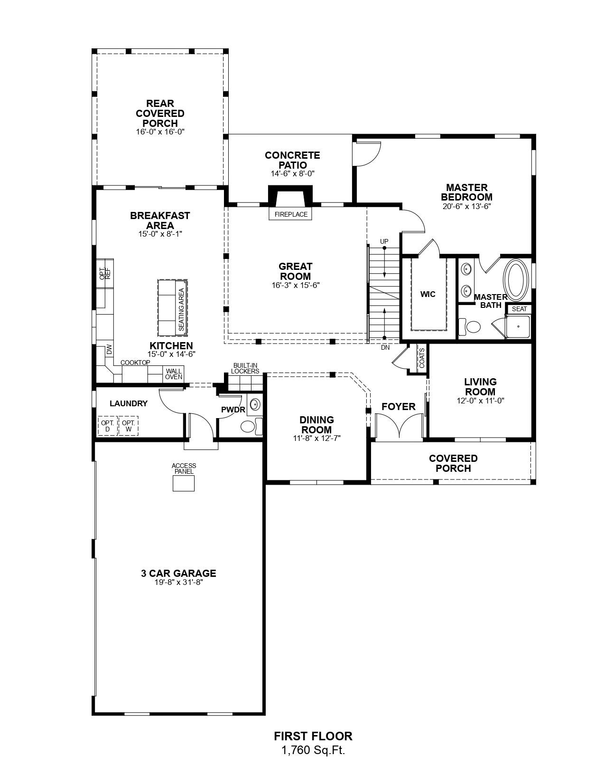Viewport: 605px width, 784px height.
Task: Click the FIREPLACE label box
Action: [290, 214]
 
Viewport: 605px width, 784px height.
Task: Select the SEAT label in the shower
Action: [519, 309]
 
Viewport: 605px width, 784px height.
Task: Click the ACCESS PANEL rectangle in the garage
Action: [184, 483]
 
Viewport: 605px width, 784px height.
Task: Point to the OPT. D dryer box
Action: [107, 426]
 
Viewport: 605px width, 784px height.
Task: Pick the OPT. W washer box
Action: [128, 426]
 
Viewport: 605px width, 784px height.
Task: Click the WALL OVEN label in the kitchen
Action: [174, 374]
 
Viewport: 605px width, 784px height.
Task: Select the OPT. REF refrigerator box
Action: [105, 273]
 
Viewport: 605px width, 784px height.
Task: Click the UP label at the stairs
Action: [384, 241]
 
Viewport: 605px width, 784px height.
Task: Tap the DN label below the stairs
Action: [385, 348]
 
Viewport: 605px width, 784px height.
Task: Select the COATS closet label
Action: [422, 357]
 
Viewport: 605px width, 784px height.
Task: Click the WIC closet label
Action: [428, 295]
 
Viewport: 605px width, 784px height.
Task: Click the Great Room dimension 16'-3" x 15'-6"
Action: [296, 286]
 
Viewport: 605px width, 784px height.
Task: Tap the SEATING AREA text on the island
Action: [181, 309]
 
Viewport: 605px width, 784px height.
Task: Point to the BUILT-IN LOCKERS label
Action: [245, 368]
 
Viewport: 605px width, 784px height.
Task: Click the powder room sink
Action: [255, 404]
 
